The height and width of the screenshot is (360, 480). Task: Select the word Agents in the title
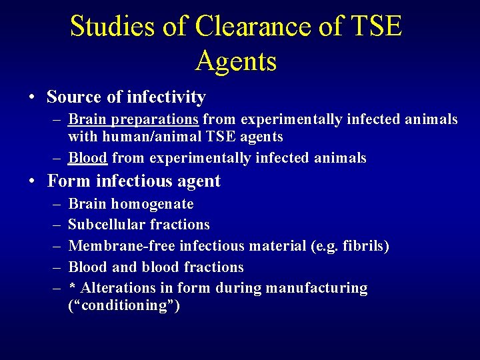236,61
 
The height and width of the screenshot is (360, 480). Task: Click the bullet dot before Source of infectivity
32,97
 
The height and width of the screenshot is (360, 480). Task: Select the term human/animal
151,137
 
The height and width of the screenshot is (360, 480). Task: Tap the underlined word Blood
87,159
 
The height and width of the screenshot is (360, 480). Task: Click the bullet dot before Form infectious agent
32,181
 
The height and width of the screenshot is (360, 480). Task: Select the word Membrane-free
121,247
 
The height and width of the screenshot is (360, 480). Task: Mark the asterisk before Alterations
72,287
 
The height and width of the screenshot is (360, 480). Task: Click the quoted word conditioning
125,307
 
